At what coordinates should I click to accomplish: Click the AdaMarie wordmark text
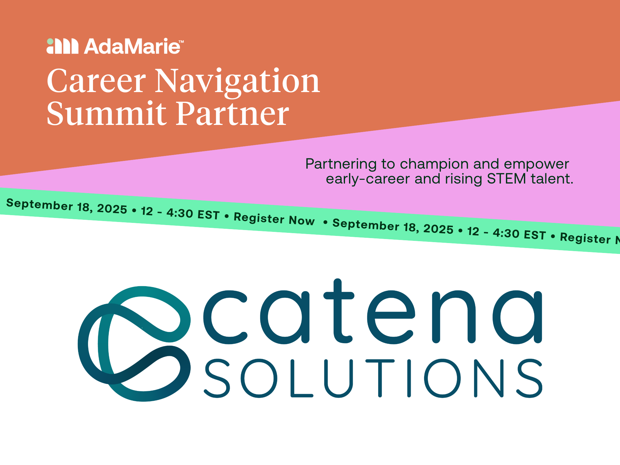pyautogui.click(x=132, y=46)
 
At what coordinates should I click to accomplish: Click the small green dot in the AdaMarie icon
pyautogui.click(x=50, y=42)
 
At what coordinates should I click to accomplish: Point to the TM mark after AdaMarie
pyautogui.click(x=181, y=41)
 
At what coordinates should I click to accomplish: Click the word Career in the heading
pyautogui.click(x=96, y=81)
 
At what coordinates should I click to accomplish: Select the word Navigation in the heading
pyautogui.click(x=237, y=81)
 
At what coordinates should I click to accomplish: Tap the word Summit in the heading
pyautogui.click(x=107, y=114)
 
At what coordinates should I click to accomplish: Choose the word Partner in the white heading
pyautogui.click(x=232, y=114)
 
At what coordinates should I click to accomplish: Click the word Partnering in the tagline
pyautogui.click(x=341, y=164)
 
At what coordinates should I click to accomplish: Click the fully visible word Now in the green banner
pyautogui.click(x=302, y=220)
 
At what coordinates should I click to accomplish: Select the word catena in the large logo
pyautogui.click(x=372, y=316)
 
